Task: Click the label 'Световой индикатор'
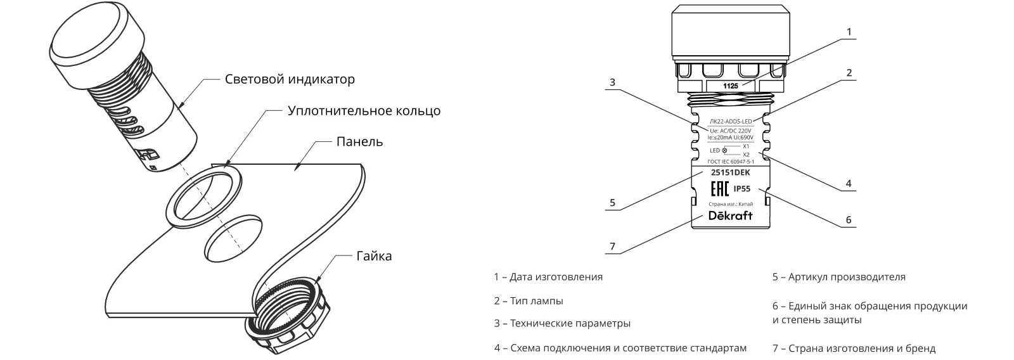pyautogui.click(x=290, y=80)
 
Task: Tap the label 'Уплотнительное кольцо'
pyautogui.click(x=364, y=111)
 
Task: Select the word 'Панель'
pyautogui.click(x=359, y=141)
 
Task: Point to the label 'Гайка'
pyautogui.click(x=374, y=256)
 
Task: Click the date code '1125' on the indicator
pyautogui.click(x=730, y=84)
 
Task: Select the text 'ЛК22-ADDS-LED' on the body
pyautogui.click(x=731, y=120)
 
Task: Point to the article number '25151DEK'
pyautogui.click(x=730, y=172)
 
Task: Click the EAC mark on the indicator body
pyautogui.click(x=718, y=189)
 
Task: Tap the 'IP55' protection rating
pyautogui.click(x=742, y=189)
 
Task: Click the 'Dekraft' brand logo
pyautogui.click(x=730, y=215)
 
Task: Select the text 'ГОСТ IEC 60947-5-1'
pyautogui.click(x=731, y=162)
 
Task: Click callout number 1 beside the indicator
pyautogui.click(x=849, y=31)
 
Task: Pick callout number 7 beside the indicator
pyautogui.click(x=612, y=245)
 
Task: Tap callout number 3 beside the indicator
pyautogui.click(x=612, y=82)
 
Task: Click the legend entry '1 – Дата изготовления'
pyautogui.click(x=548, y=277)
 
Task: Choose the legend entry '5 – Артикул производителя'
pyautogui.click(x=838, y=277)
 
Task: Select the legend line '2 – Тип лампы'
pyautogui.click(x=529, y=301)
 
